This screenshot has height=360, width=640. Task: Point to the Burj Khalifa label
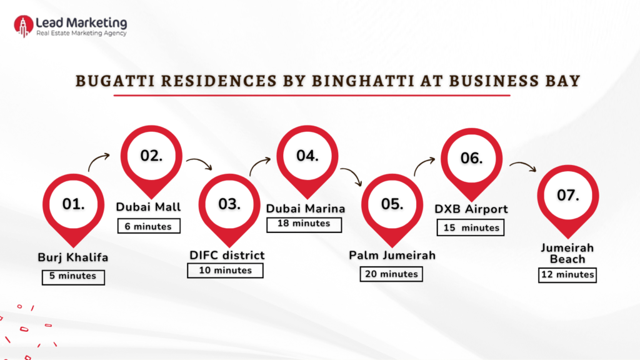73,257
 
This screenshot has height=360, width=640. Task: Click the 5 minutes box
73,276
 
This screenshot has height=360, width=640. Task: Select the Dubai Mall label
148,207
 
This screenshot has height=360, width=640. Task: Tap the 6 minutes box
148,226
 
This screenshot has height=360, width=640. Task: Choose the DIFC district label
227,255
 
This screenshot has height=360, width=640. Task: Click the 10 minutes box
226,271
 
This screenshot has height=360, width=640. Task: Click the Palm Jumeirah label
392,255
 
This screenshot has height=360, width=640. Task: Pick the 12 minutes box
567,274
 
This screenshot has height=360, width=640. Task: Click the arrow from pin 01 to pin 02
99,162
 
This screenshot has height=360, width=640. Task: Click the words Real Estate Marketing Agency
81,33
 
